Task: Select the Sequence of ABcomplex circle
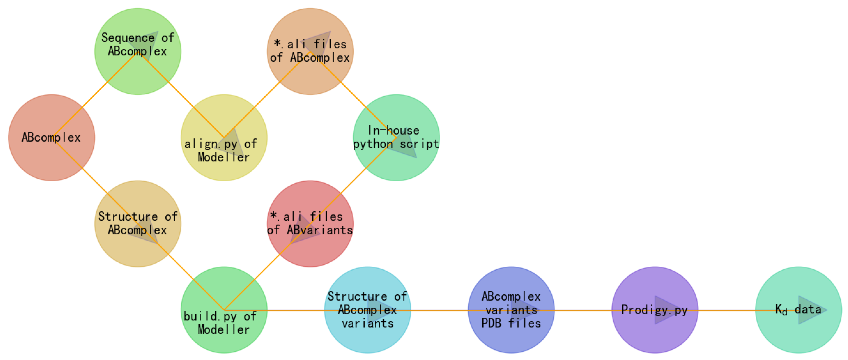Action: tap(138, 51)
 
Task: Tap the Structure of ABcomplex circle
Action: tap(138, 224)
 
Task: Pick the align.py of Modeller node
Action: tap(224, 138)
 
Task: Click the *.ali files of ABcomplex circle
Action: tap(310, 51)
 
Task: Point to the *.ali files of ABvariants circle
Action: tap(310, 224)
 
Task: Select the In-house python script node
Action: tap(396, 138)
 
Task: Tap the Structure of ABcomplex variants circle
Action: tap(367, 310)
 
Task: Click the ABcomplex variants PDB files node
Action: tap(511, 310)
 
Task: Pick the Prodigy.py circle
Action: tap(655, 310)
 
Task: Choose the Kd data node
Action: tap(798, 310)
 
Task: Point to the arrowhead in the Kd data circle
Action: tap(810, 310)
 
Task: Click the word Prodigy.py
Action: tap(655, 310)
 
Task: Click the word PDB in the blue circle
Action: tap(491, 324)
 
